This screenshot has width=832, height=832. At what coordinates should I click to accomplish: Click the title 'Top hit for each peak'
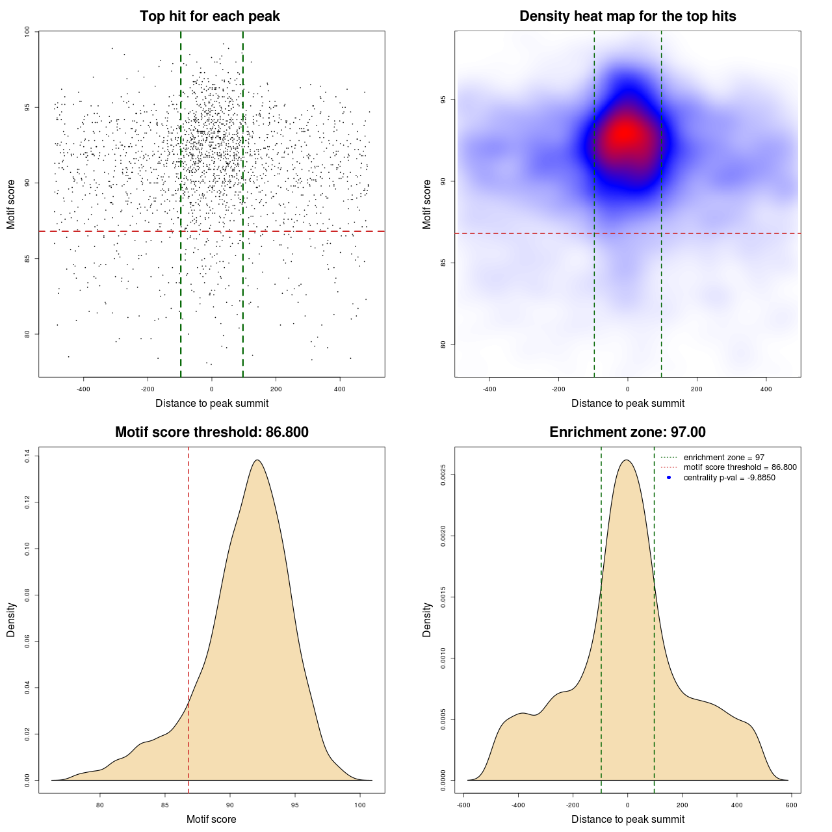point(209,16)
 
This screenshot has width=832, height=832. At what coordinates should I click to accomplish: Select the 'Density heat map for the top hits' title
point(627,16)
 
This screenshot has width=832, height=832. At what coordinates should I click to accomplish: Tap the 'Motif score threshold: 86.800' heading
point(211,432)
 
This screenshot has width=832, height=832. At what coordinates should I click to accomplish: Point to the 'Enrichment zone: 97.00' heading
point(627,432)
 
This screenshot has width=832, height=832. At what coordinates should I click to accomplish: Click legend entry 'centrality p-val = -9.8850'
point(729,478)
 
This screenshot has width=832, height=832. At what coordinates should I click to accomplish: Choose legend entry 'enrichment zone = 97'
point(723,458)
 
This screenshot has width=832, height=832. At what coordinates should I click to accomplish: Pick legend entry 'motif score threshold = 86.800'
point(740,467)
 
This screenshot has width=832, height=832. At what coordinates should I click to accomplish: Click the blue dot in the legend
point(669,478)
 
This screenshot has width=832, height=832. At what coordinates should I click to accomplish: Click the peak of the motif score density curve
point(257,460)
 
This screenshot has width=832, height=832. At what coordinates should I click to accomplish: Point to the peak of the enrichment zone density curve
point(627,460)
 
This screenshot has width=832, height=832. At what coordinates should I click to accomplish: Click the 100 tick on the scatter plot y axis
point(27,32)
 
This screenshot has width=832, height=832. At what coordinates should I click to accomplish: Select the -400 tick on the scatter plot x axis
point(83,389)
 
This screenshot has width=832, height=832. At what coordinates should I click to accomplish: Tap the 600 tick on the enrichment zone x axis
point(791,805)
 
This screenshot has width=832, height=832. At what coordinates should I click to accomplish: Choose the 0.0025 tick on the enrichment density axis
point(443,475)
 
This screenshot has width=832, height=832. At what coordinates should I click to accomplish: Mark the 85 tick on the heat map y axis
point(443,263)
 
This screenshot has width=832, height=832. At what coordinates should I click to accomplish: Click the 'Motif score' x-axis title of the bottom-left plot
point(211,819)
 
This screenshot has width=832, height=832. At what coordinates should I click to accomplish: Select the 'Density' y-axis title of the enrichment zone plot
point(427,619)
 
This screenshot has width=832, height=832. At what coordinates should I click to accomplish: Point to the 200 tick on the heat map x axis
point(697,389)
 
